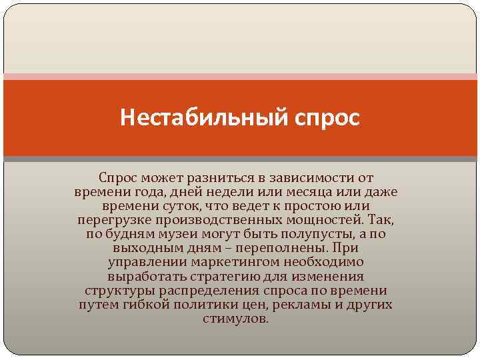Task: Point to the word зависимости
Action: pyautogui.click(x=311, y=179)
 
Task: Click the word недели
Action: pyautogui.click(x=215, y=193)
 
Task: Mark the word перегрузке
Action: pyautogui.click(x=112, y=221)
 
